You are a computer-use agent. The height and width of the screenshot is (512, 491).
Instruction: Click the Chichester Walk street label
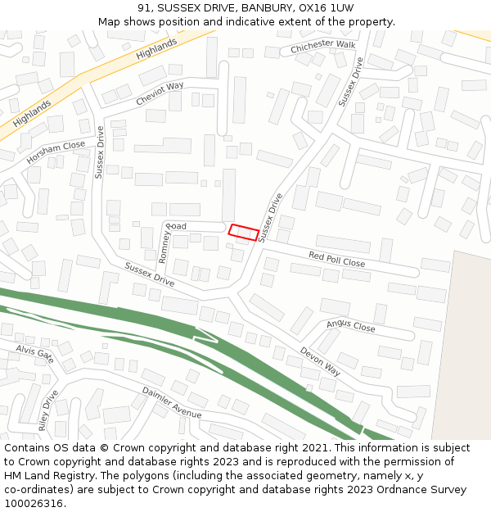click(x=323, y=48)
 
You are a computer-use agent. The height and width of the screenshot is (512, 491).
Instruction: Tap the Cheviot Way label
click(x=160, y=93)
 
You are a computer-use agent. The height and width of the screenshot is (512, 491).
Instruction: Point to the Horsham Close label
click(x=56, y=151)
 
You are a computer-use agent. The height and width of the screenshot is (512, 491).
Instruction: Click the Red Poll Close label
click(x=336, y=260)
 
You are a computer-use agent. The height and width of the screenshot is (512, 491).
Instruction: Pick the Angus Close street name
click(x=350, y=326)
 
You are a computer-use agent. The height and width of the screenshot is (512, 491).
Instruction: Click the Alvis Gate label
click(x=34, y=354)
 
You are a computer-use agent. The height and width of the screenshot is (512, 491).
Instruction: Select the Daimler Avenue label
click(x=172, y=402)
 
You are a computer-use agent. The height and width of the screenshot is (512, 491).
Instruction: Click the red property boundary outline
click(x=244, y=233)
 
